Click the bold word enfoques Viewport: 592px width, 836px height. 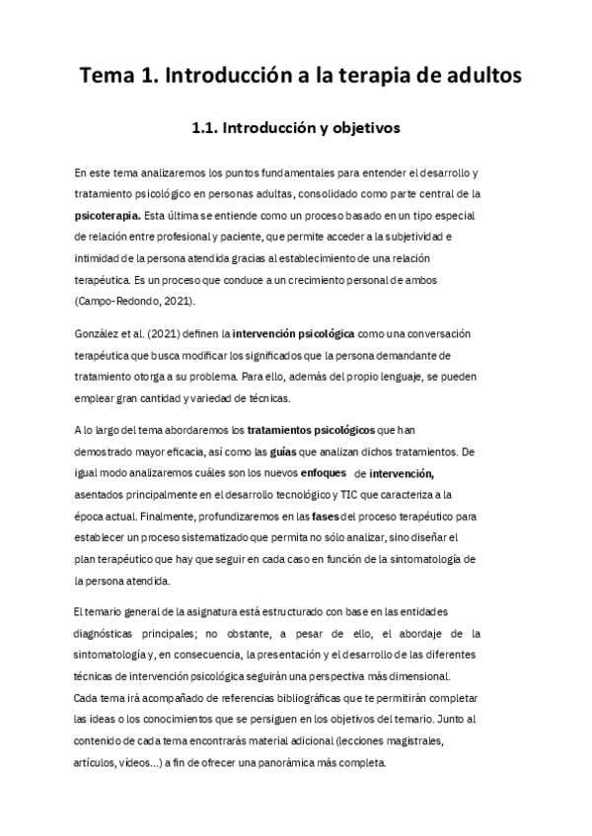(316, 473)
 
